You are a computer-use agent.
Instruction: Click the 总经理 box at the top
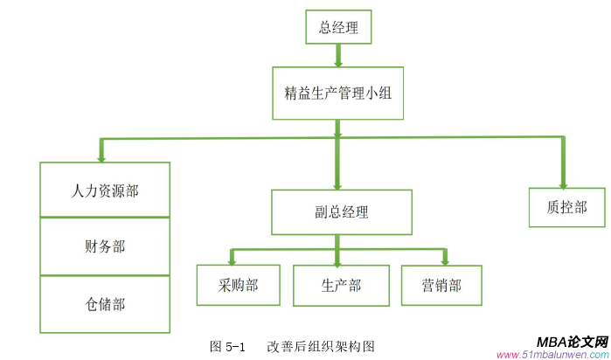point(338,27)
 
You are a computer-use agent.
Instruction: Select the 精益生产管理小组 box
point(337,93)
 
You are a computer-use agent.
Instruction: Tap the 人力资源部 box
point(105,190)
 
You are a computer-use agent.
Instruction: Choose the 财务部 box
point(105,246)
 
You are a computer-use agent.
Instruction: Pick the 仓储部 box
point(105,304)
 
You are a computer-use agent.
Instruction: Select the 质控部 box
point(566,207)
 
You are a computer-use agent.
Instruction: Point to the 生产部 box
point(341,285)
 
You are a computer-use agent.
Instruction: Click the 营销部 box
point(441,285)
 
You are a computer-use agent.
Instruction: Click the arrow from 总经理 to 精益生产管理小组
point(338,55)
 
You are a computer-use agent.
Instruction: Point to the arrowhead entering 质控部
point(563,181)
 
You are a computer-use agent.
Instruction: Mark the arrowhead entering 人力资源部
point(102,156)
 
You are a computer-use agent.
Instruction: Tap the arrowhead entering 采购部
point(232,260)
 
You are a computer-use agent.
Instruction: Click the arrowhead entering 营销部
point(446,260)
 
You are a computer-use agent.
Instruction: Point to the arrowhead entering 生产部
point(338,260)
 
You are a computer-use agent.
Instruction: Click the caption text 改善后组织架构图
point(321,346)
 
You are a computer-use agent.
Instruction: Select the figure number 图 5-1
point(230,346)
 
